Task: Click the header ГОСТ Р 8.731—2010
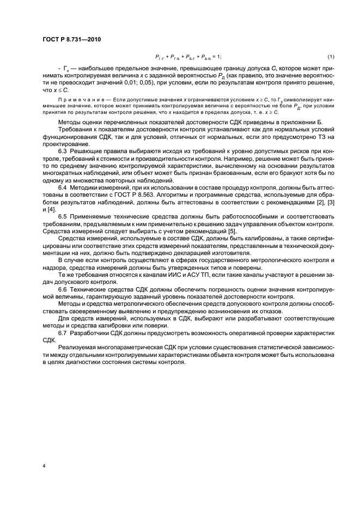69,39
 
